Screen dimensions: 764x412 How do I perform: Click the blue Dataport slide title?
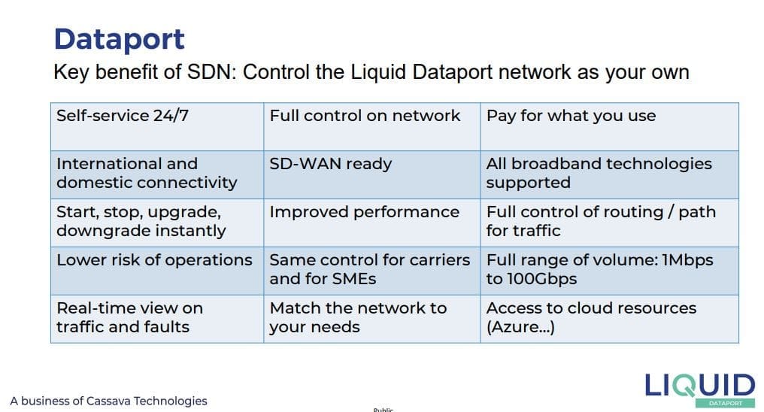point(120,39)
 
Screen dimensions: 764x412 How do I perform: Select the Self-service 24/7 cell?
point(157,126)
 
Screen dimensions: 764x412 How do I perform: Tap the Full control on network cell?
point(371,126)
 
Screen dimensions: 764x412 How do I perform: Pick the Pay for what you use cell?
point(610,126)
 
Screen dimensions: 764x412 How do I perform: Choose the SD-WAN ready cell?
point(371,174)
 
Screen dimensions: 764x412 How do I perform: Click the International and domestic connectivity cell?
point(157,174)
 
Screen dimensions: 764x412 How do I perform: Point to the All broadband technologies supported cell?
point(610,174)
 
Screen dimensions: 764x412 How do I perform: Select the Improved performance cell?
point(371,223)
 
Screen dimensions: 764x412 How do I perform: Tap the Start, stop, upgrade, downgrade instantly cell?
point(157,223)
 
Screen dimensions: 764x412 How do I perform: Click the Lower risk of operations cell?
point(157,271)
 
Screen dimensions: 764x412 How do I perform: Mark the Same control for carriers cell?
point(371,271)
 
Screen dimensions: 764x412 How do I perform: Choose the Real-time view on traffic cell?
point(157,319)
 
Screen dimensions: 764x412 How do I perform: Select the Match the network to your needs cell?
point(371,319)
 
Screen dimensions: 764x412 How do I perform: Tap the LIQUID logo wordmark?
point(700,386)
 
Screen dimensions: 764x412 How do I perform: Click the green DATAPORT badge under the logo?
point(726,403)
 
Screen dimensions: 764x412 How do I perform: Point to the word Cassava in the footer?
point(108,401)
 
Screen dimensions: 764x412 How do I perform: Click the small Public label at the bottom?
point(384,410)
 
